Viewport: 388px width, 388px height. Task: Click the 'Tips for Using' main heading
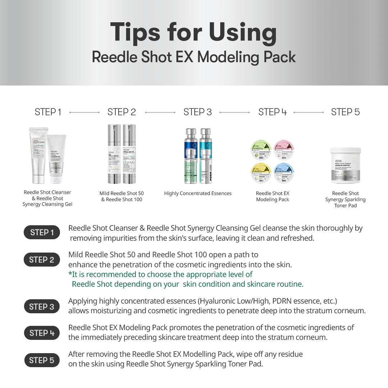pyautogui.click(x=194, y=32)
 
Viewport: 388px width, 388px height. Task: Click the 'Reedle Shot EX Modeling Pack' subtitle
pyautogui.click(x=194, y=57)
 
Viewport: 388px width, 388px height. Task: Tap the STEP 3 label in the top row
pyautogui.click(x=198, y=112)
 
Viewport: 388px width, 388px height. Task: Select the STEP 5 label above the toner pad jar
pyautogui.click(x=345, y=112)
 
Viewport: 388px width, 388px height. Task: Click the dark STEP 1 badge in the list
pyautogui.click(x=42, y=232)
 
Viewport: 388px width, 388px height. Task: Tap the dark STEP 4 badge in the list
pyautogui.click(x=42, y=333)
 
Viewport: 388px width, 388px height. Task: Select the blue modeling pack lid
pyautogui.click(x=285, y=172)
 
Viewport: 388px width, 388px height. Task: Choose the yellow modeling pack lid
pyautogui.click(x=261, y=172)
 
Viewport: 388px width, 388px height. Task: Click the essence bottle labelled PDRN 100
pyautogui.click(x=206, y=156)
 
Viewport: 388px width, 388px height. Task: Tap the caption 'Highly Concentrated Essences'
pyautogui.click(x=198, y=193)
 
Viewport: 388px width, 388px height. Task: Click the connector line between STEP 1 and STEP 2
pyautogui.click(x=84, y=112)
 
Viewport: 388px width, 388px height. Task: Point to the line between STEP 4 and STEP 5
pyautogui.click(x=309, y=112)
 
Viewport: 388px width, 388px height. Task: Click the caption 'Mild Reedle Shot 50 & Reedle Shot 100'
pyautogui.click(x=121, y=197)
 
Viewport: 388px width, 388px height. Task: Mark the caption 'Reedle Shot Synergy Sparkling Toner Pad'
pyautogui.click(x=345, y=199)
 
